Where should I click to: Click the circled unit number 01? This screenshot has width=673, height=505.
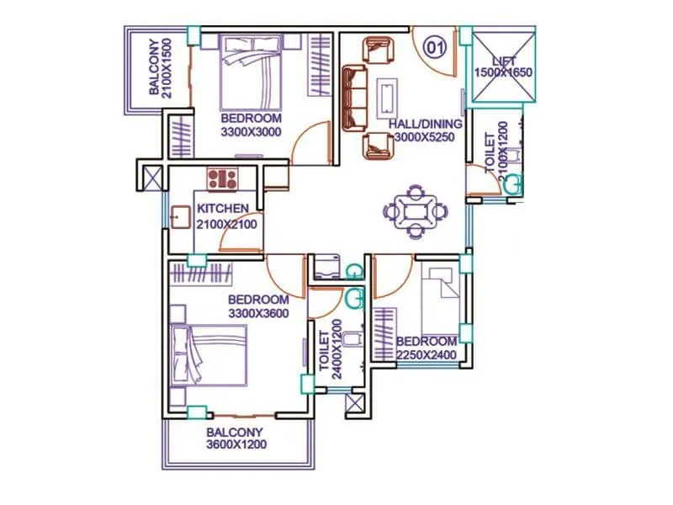(434, 47)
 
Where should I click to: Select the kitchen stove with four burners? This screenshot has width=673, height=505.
(223, 178)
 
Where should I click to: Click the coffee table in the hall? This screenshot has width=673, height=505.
(389, 97)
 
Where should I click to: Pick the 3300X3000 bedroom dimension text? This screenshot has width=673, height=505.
(251, 131)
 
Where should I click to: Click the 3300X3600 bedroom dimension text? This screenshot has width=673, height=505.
(258, 313)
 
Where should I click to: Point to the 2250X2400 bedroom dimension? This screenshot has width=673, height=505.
(426, 354)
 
